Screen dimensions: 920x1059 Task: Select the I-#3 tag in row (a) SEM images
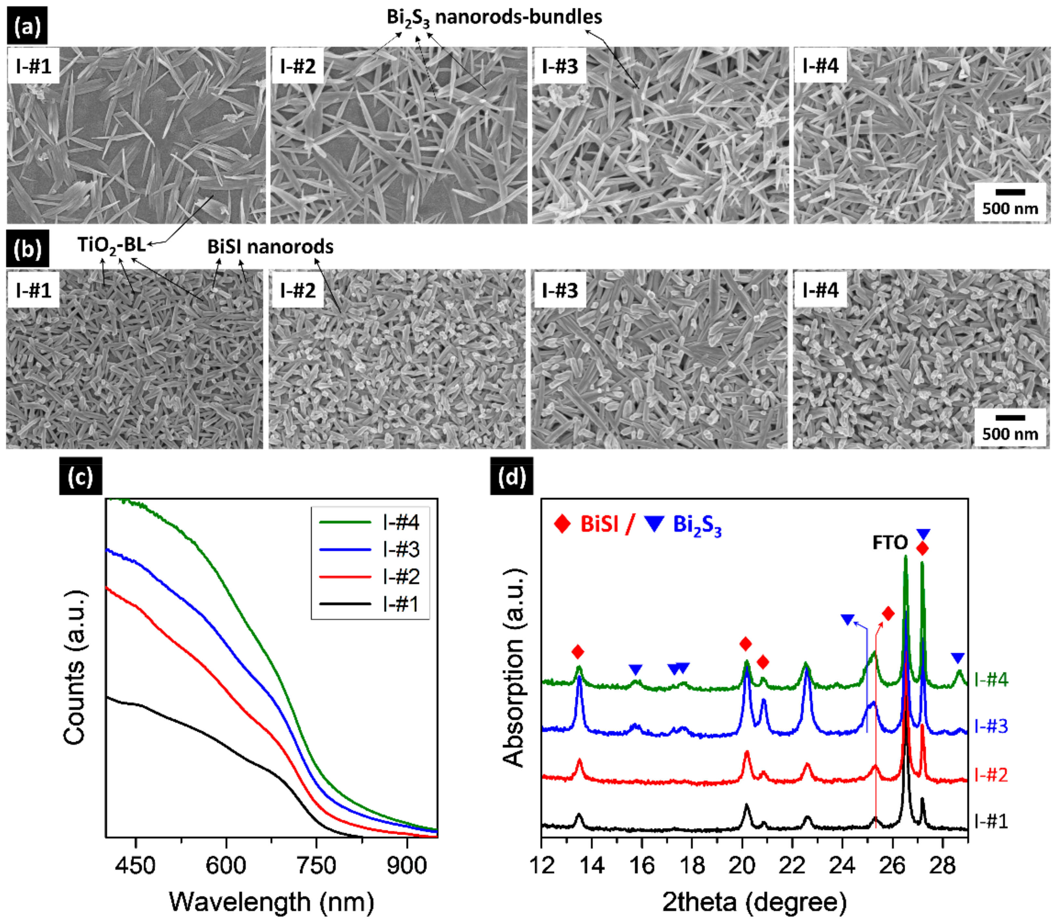[559, 66]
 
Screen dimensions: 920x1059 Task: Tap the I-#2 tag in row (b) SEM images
[297, 291]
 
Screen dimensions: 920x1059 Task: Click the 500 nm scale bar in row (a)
[1010, 193]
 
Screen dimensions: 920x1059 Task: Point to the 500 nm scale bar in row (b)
[1010, 418]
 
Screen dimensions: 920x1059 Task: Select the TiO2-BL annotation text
[111, 245]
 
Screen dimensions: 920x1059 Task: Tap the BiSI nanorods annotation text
[270, 247]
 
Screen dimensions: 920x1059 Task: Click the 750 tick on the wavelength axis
[316, 866]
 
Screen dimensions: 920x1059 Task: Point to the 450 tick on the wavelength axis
[135, 866]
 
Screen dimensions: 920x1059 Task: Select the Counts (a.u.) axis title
[74, 668]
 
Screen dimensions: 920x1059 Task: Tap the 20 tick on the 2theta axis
[742, 866]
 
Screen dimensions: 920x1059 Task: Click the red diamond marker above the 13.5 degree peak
[578, 652]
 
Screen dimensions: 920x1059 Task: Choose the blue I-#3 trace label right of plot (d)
[991, 726]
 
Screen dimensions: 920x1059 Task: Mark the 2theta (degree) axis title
[754, 901]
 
